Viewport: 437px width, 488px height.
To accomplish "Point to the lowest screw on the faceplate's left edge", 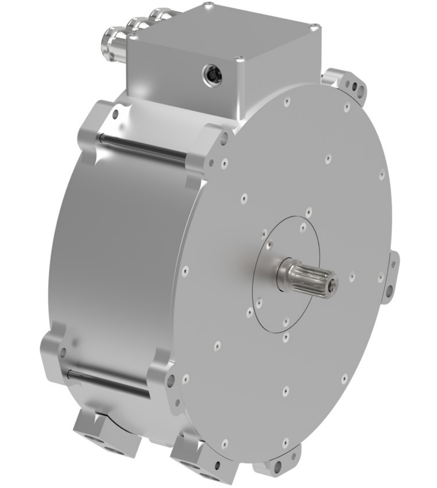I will coord(185,378).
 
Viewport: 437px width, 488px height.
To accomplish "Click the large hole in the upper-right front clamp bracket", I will coord(223,138).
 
